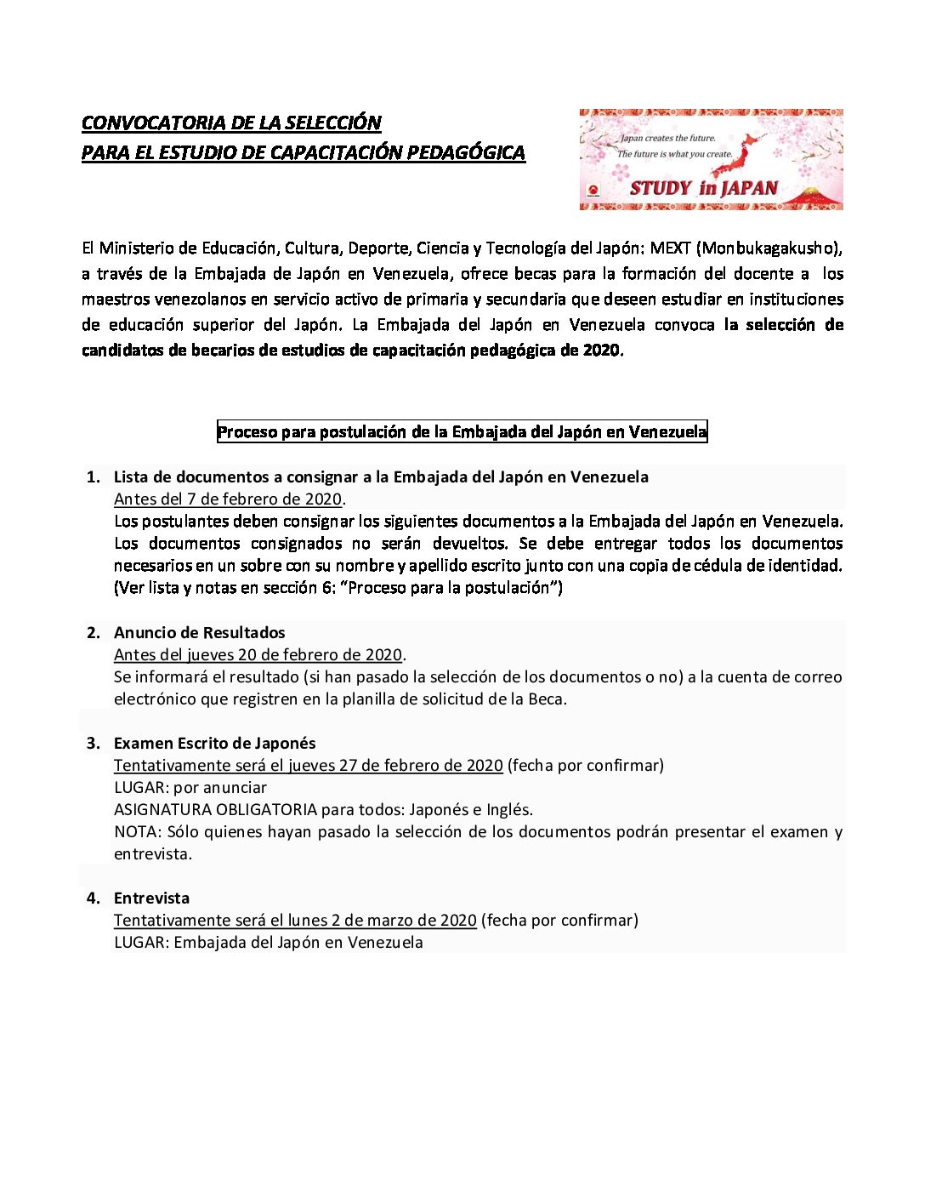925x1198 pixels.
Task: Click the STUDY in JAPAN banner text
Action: pyautogui.click(x=703, y=188)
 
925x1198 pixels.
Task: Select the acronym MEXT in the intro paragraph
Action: pyautogui.click(x=670, y=248)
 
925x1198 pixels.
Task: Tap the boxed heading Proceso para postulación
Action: pyautogui.click(x=462, y=432)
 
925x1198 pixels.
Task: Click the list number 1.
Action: pyautogui.click(x=93, y=477)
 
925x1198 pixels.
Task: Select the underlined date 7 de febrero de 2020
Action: pyautogui.click(x=256, y=499)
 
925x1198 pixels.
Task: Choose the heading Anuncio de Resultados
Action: pyautogui.click(x=200, y=633)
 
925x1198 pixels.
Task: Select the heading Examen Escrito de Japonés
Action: pyautogui.click(x=214, y=744)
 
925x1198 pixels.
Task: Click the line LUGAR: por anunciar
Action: pyautogui.click(x=190, y=788)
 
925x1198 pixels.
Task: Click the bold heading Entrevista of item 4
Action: pyautogui.click(x=151, y=898)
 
